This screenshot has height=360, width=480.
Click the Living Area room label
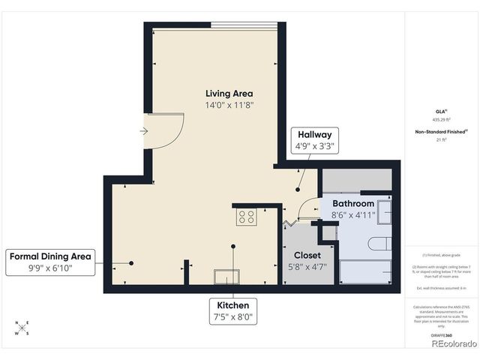coord(230,94)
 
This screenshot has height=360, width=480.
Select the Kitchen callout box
coord(232,311)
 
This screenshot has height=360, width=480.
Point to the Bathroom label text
coord(353,203)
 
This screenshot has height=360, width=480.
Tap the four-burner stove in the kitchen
coord(246,217)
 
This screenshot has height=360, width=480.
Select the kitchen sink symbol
coord(226,277)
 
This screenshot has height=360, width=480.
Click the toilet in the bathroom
coord(378,244)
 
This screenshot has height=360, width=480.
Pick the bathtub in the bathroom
coord(365,271)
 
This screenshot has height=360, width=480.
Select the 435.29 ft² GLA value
coord(440,119)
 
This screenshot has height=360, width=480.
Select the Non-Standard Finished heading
coord(442,132)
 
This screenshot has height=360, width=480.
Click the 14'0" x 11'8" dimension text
coord(230,106)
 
